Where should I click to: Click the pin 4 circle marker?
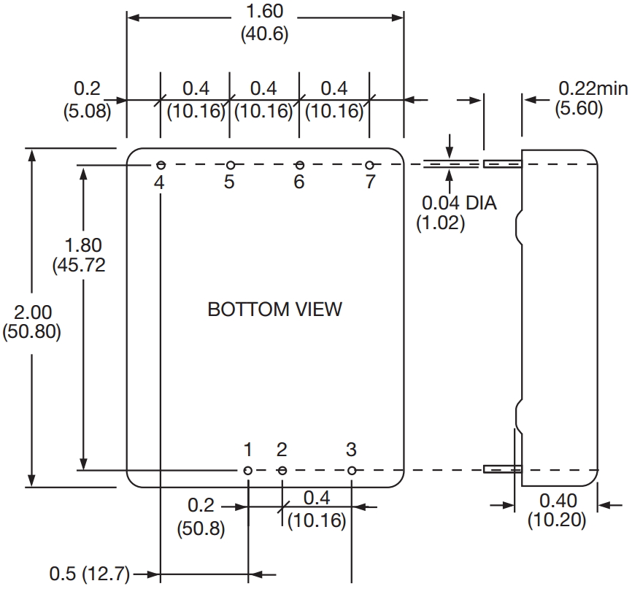coord(160,166)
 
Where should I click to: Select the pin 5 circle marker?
coord(230,166)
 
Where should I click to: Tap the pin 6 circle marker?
coord(299,166)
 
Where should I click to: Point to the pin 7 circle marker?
coord(369,166)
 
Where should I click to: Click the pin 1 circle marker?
coord(248,471)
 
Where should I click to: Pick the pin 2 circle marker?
coord(282,471)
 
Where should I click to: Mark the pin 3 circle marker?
coord(352,471)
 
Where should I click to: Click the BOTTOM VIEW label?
coord(274,309)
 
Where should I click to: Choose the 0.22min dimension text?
coord(593,89)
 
